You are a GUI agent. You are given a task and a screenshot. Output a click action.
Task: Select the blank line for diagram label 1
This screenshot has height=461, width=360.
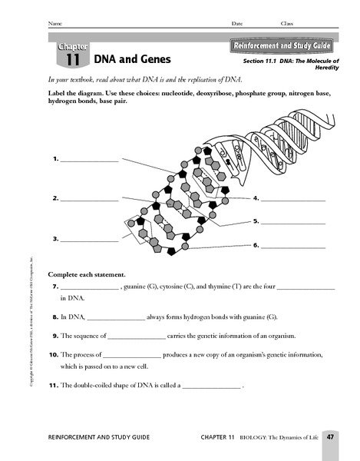(89, 161)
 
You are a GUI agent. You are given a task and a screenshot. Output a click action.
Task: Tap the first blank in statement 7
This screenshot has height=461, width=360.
(88, 287)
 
